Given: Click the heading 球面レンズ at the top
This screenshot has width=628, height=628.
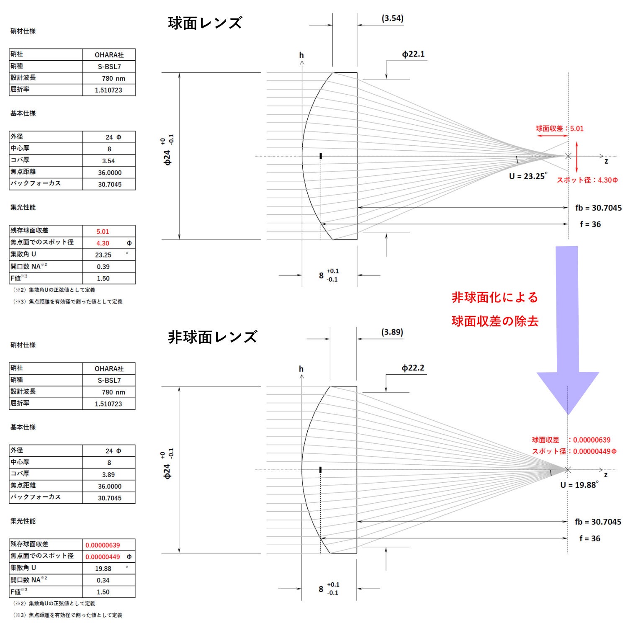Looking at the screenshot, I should (205, 23).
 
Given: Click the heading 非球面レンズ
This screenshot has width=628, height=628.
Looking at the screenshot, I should (212, 337).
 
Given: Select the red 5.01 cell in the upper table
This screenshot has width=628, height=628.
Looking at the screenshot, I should (103, 232).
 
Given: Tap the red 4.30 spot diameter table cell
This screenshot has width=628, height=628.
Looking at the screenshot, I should (103, 243).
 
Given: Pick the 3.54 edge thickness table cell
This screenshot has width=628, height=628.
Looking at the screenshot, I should (108, 161).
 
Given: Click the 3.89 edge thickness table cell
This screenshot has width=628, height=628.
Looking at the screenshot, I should (108, 475).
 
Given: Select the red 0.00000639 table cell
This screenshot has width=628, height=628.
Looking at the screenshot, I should (103, 545).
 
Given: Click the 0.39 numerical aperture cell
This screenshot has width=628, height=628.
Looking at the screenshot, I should (103, 267).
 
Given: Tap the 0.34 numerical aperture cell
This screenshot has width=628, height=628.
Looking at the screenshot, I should (103, 580).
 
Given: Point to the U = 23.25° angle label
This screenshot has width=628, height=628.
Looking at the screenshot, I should (528, 176).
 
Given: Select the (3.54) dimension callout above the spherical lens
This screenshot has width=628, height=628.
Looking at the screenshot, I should (392, 18).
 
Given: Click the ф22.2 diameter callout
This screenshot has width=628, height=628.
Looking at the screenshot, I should (413, 368).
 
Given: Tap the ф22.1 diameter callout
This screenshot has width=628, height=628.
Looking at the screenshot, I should (413, 54).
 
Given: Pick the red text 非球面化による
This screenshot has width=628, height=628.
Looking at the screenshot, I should (495, 298).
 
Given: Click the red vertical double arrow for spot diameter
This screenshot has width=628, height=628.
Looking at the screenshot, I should (577, 157).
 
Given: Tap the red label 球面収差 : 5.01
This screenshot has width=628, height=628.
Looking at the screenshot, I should (559, 129).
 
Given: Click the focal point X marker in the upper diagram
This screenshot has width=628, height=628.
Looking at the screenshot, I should (568, 156).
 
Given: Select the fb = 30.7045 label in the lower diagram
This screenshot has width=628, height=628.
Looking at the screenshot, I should (597, 522).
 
